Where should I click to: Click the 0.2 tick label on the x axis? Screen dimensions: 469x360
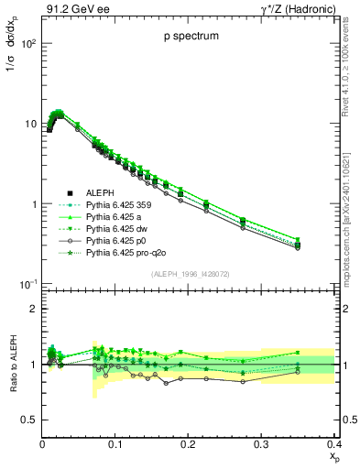coord(188,444)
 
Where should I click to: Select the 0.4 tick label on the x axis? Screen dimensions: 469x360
coord(333,444)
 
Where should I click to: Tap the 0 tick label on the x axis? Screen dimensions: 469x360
coord(42,444)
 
